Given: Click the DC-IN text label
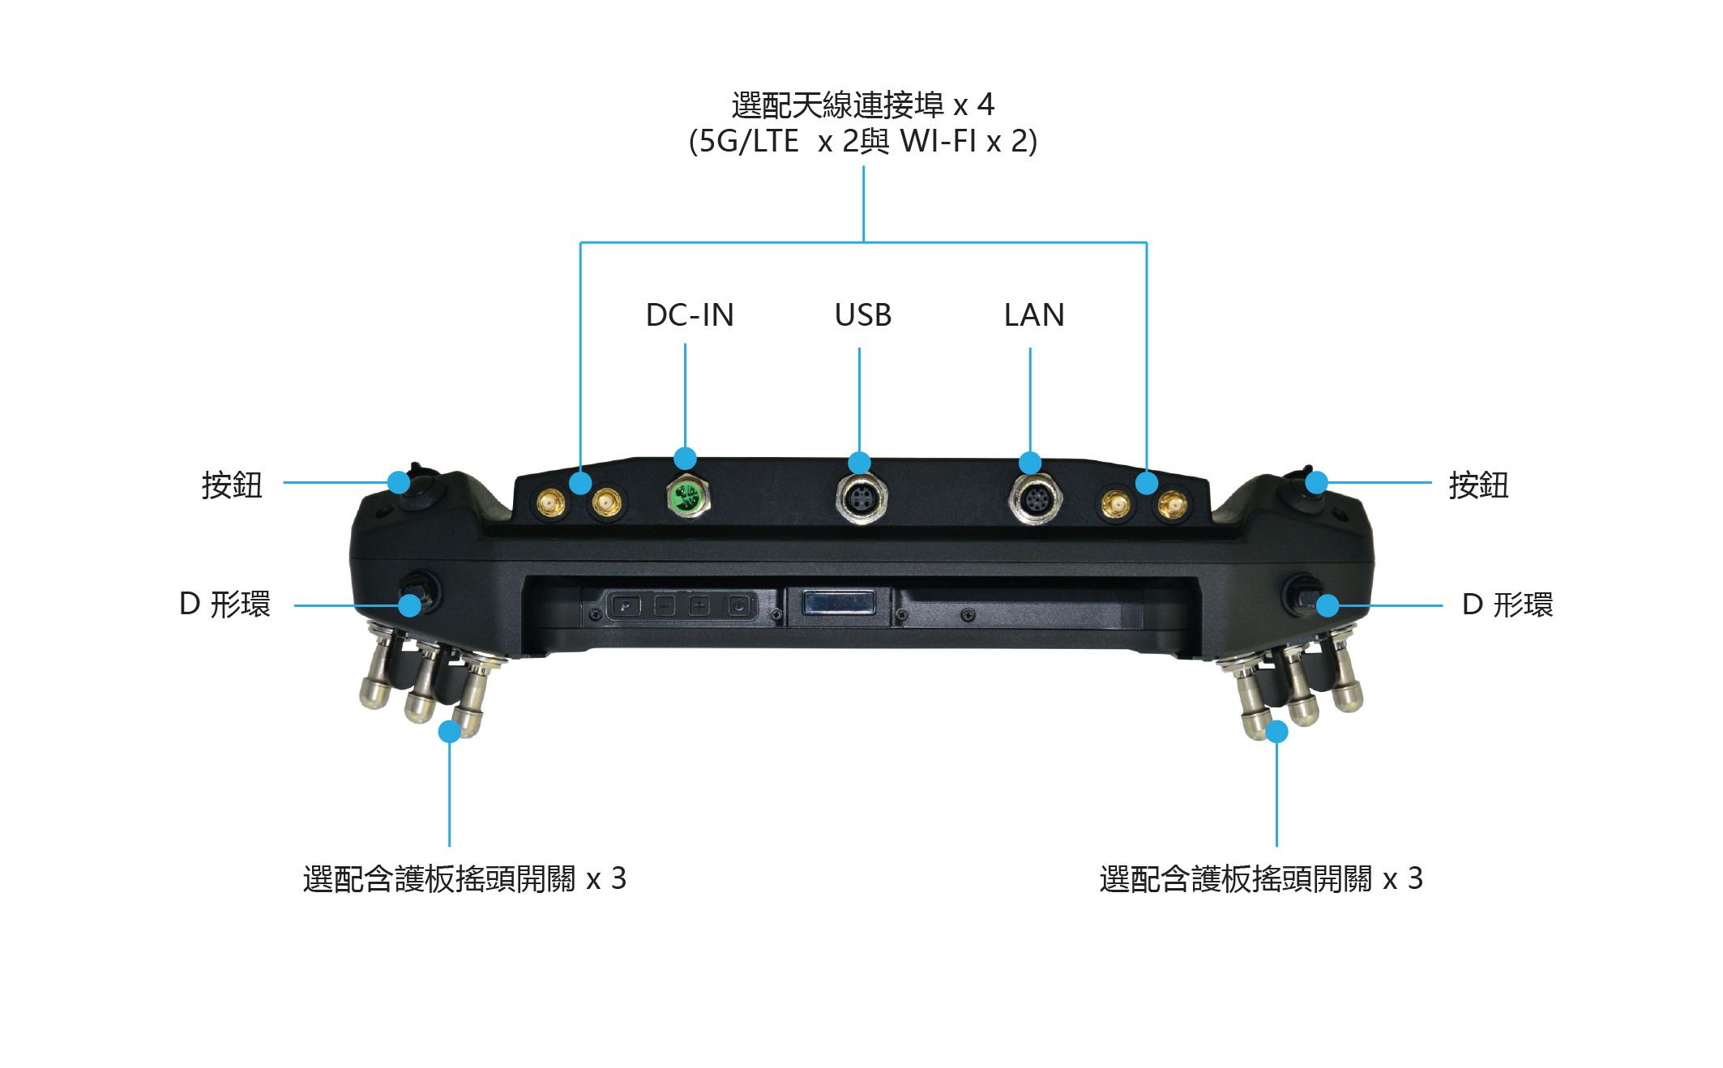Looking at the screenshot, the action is pos(690,314).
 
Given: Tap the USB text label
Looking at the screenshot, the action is pos(863,314).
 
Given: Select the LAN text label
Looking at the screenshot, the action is pos(1034,314).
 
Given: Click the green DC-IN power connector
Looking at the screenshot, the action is pos(688,495).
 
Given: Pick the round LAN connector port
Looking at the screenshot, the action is pos(1035,499).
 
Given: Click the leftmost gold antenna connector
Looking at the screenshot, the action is pos(550,503).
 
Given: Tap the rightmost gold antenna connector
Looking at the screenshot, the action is pos(1172,506).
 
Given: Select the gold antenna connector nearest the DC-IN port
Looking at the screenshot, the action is pos(605,503).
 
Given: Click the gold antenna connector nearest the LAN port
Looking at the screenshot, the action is pos(1115,506).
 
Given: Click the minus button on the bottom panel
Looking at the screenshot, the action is pos(665,605).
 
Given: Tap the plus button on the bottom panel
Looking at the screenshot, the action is pos(699,605).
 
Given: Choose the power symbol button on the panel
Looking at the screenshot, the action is pos(739,605).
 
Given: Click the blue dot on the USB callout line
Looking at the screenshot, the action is pos(859,463).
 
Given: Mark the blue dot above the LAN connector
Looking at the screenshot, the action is pos(1030,463).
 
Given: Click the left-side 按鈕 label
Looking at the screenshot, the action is pos(232,485).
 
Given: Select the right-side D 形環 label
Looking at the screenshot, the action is pos(1507,604).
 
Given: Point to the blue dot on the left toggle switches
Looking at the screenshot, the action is pos(450,732).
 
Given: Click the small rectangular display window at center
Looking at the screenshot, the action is pos(838,604).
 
